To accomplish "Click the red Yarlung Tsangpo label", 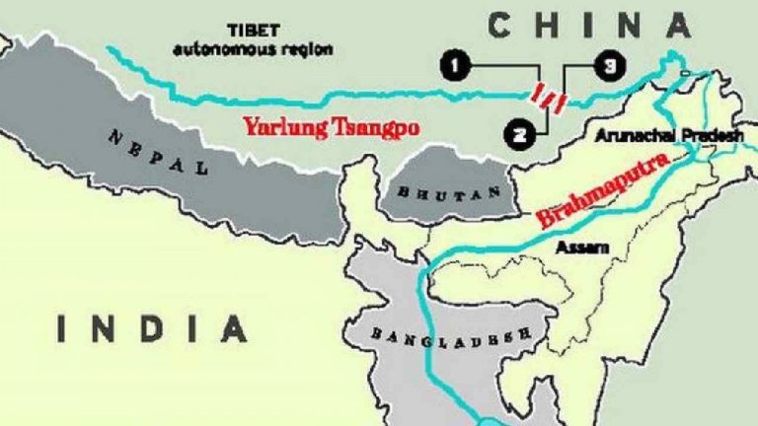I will click(x=318, y=126).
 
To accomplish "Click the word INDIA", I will click(x=151, y=328).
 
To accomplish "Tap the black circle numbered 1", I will click(x=454, y=66).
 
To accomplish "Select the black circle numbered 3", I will click(x=609, y=66).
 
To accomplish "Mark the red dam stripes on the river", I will click(x=547, y=97).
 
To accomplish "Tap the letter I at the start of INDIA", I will click(x=62, y=328).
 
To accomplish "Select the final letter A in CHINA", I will click(x=676, y=24).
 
